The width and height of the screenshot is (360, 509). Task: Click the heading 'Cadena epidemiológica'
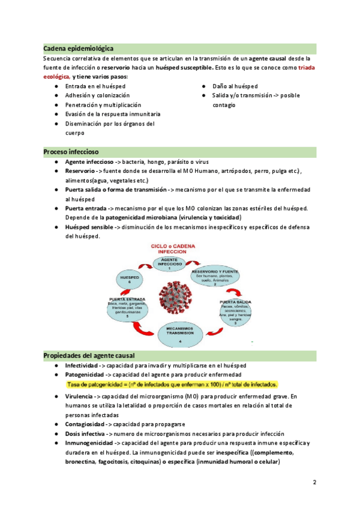click(79, 47)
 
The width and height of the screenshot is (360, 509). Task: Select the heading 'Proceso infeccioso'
click(71, 152)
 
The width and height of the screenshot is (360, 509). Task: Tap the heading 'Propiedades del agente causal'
click(89, 355)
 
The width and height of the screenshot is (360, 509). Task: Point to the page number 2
click(314, 482)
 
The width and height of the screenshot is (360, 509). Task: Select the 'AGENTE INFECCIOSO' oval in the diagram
click(170, 263)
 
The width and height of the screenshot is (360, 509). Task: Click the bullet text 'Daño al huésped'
click(235, 86)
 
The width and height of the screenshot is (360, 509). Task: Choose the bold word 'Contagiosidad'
click(86, 424)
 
